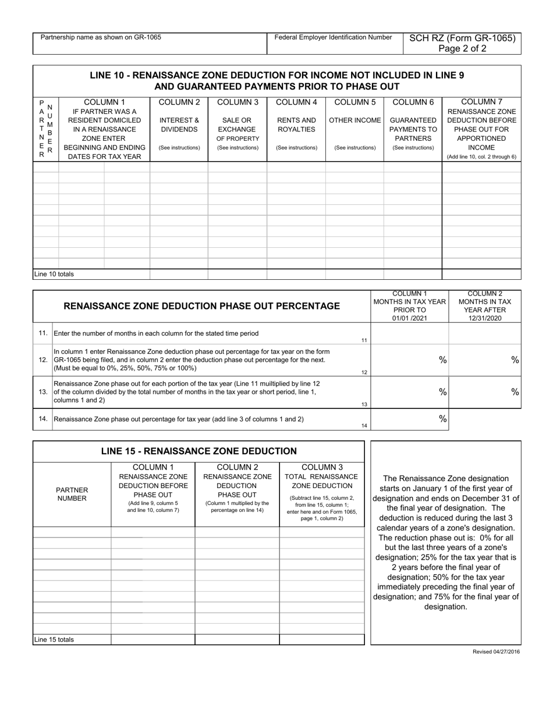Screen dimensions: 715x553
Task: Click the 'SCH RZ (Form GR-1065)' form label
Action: tap(462, 38)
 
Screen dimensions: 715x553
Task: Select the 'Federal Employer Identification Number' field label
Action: tap(333, 37)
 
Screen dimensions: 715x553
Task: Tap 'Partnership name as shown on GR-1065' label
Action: tap(101, 37)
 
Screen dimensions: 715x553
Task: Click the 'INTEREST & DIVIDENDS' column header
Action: tap(179, 125)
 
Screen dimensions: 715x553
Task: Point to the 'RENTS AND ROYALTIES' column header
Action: tap(296, 125)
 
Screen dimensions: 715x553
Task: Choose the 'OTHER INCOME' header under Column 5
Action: tap(355, 120)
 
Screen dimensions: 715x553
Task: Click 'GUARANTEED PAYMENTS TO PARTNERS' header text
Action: tap(413, 129)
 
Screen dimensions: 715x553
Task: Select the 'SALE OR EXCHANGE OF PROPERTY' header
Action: tap(237, 129)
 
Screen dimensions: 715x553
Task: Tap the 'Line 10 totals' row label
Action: tap(54, 274)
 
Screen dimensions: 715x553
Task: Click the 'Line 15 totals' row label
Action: tap(54, 639)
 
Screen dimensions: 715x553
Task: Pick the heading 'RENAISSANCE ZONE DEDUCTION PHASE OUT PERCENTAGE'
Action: tap(201, 306)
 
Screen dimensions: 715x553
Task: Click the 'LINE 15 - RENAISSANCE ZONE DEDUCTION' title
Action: tap(199, 451)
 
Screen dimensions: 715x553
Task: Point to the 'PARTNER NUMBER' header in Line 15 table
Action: tap(72, 494)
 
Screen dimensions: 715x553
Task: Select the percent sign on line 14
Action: tap(442, 418)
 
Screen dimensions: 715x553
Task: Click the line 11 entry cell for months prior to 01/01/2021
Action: tap(409, 333)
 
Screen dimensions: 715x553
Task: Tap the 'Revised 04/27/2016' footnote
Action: tap(497, 652)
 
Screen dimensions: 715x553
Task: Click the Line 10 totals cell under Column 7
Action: tap(481, 274)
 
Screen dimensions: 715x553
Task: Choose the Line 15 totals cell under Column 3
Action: tap(321, 639)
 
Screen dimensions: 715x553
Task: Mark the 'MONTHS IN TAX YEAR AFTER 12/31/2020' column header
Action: tap(485, 306)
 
